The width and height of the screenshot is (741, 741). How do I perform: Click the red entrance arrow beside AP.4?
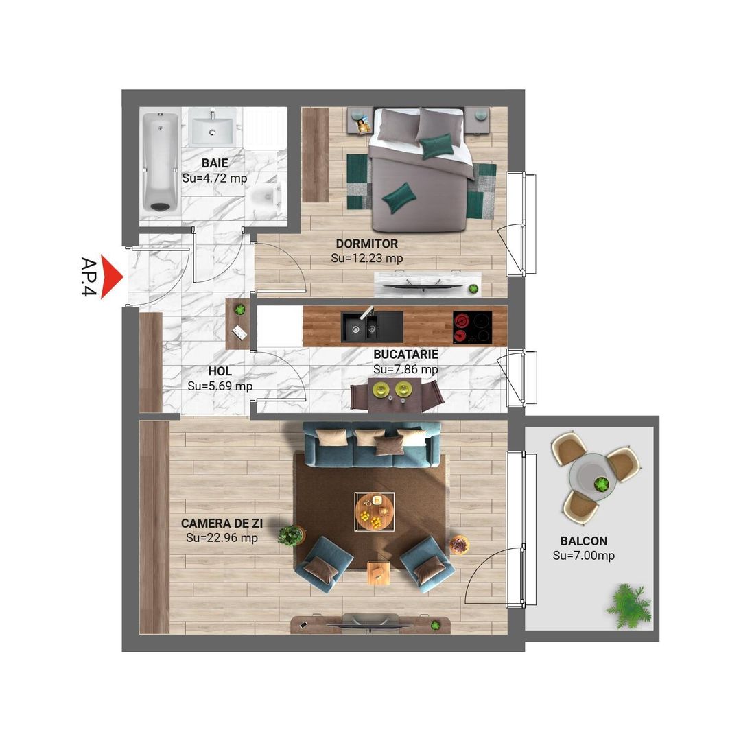110,277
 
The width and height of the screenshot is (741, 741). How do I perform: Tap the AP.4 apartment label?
88,277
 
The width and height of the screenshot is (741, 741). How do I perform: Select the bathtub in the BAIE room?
160,163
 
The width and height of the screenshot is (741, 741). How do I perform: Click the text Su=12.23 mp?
366,259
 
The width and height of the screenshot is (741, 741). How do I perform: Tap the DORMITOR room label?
366,244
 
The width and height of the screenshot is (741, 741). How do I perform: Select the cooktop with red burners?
473,327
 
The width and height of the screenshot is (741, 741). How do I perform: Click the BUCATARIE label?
405,355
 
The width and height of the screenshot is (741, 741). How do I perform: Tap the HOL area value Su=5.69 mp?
220,386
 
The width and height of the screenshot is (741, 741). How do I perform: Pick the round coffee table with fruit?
375,511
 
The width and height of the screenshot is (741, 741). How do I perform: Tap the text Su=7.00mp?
583,556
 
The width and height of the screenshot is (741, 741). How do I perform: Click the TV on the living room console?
370,624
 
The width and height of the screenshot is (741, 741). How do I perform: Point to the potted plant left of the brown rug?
291,534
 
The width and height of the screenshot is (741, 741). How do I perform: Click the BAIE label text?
214,163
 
